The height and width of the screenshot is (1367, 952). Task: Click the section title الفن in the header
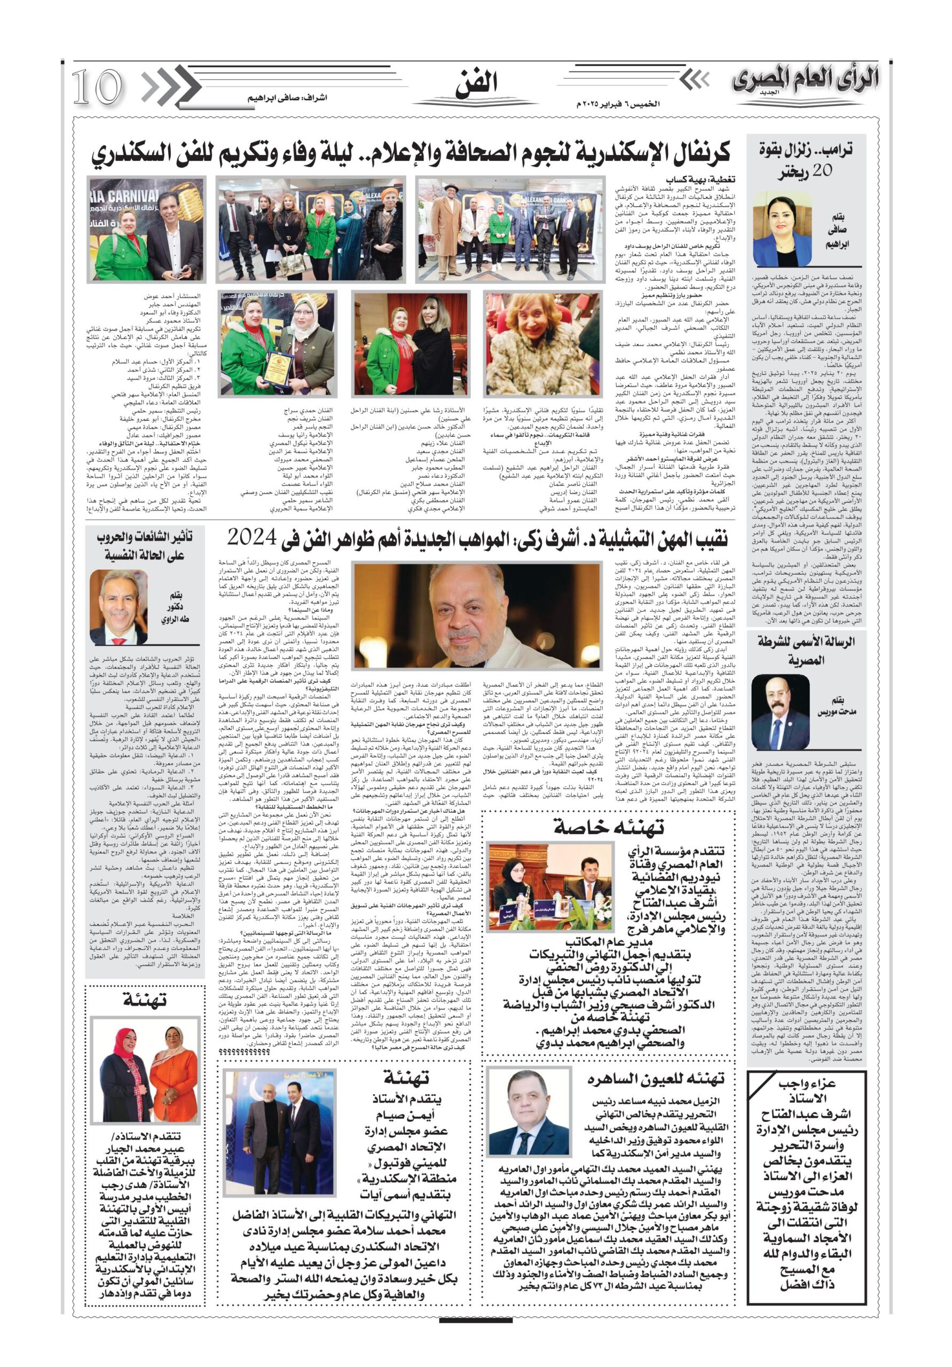pos(476,84)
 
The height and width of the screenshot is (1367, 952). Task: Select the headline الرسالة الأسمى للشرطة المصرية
pos(806,650)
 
